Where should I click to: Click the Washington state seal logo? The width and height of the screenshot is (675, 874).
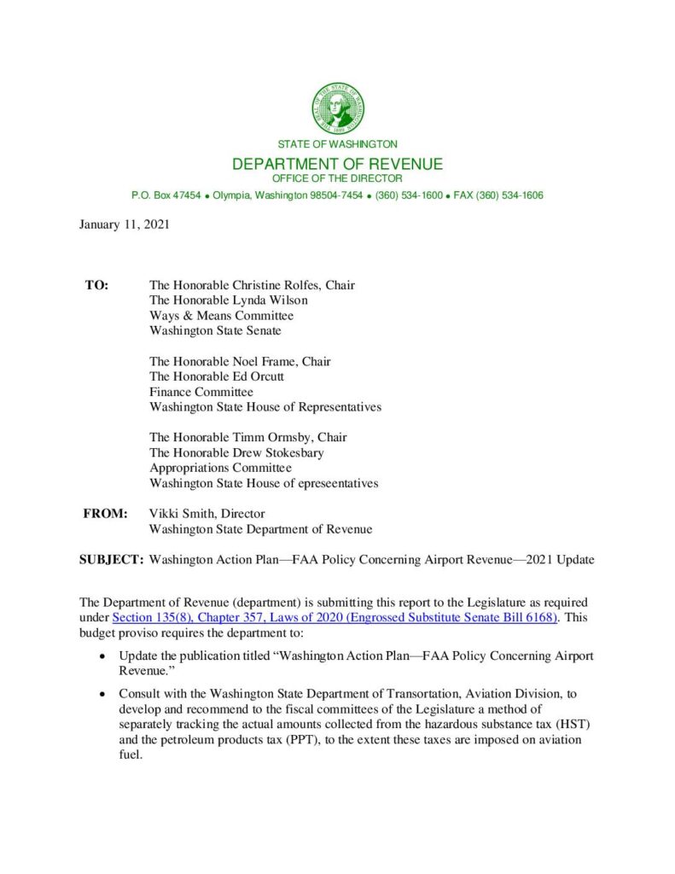point(338,108)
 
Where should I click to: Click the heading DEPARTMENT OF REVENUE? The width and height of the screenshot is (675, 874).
point(338,164)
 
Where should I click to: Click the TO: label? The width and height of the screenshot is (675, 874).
point(96,285)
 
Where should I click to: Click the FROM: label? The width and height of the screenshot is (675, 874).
point(105,514)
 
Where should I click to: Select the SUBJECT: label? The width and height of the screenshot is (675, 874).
point(111,560)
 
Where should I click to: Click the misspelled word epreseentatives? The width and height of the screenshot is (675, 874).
point(336,483)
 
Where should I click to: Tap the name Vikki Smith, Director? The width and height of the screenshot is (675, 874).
point(207,514)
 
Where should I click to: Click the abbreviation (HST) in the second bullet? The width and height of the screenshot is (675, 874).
point(562,725)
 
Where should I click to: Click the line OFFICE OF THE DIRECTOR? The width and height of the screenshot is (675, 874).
point(337,178)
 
